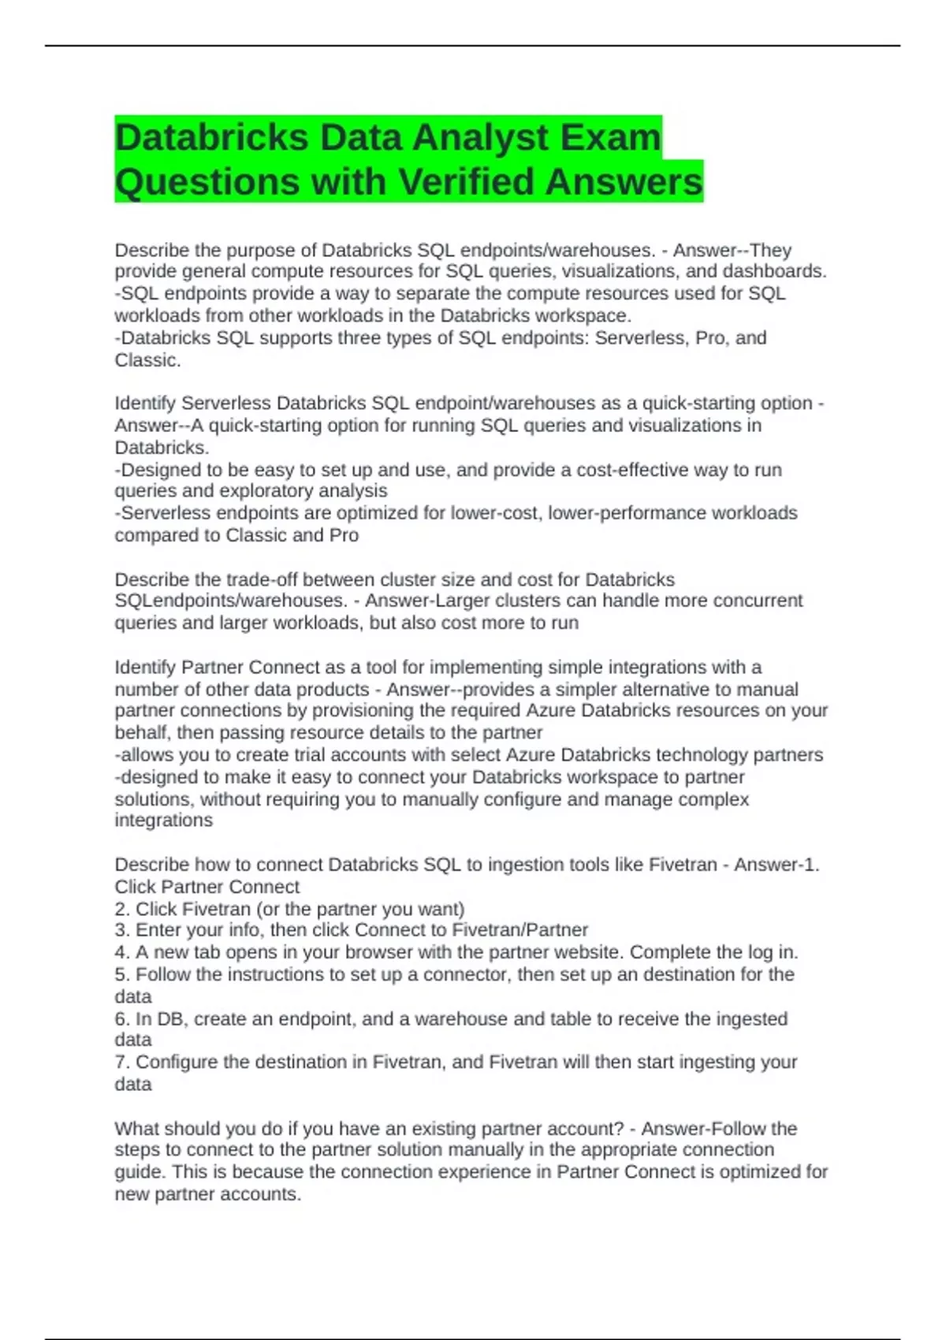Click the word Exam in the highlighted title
[x=610, y=137]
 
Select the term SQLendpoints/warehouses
[x=230, y=601]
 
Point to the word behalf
[x=143, y=732]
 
